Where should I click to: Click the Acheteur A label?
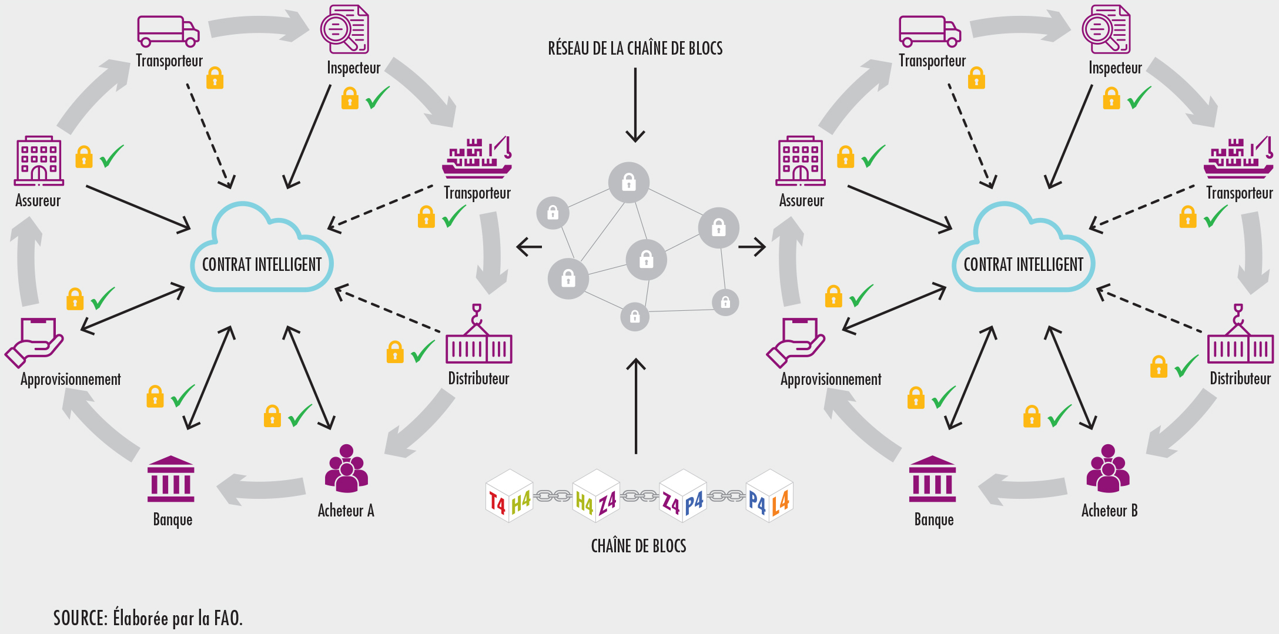coord(346,511)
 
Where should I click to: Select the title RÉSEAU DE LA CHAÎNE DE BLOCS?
coord(635,48)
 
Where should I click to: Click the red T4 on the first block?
coord(497,503)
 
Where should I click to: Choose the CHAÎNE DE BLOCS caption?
coord(638,546)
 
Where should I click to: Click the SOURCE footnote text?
coord(148,618)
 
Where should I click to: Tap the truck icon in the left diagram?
coord(168,31)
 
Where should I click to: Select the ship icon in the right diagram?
coord(1238,158)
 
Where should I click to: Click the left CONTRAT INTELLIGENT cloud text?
coord(262,264)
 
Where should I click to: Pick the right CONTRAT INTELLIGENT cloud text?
coord(1023,264)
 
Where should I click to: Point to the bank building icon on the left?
coord(171,479)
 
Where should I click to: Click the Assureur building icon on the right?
coord(801,161)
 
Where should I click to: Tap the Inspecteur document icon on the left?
coord(344,29)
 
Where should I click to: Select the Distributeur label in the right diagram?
coord(1240,378)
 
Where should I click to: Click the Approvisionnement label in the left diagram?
coord(71,379)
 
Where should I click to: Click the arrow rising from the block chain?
coord(636,405)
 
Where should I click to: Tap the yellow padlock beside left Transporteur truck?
coord(215,78)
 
